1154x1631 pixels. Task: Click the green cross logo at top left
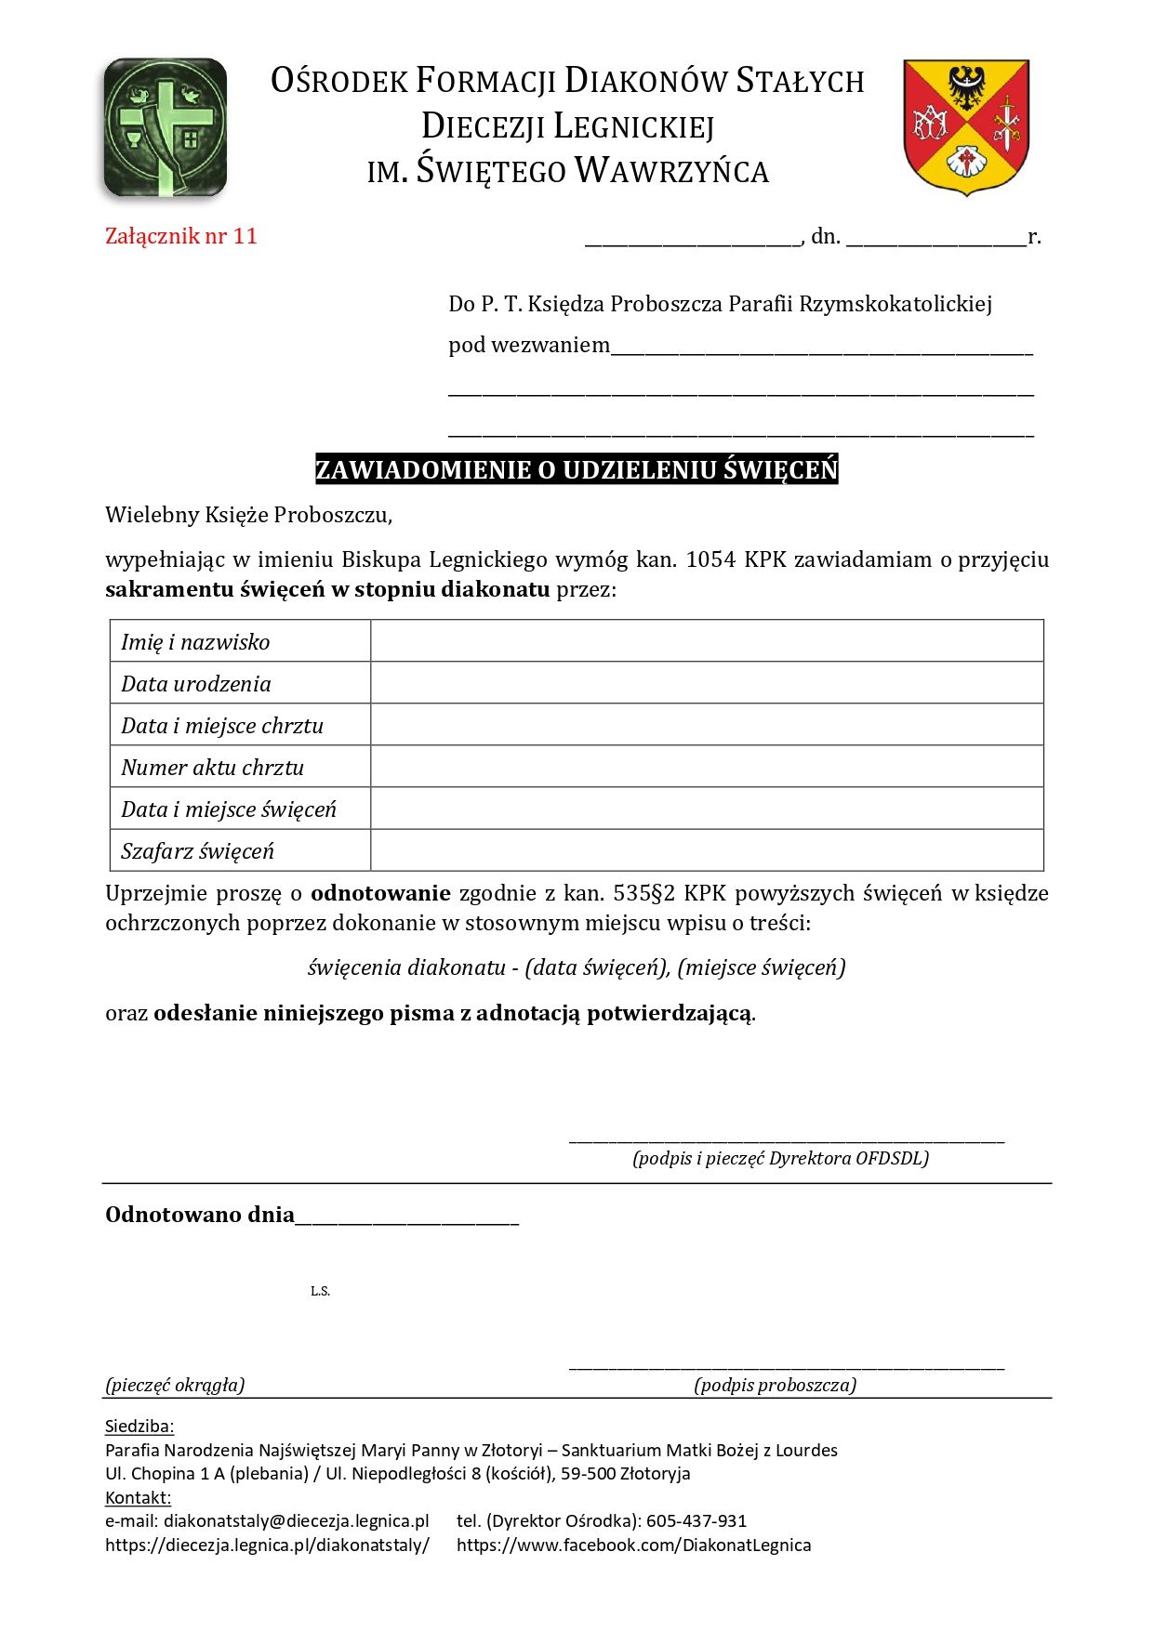(x=165, y=127)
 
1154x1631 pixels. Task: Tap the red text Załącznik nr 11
(x=180, y=236)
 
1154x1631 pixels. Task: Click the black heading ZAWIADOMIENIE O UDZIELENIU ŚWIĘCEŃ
(x=577, y=469)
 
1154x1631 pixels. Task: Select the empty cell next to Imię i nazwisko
(x=707, y=641)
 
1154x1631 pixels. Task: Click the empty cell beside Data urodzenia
(x=707, y=683)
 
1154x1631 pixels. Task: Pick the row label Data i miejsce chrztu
(x=222, y=726)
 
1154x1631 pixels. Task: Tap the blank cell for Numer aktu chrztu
(x=707, y=767)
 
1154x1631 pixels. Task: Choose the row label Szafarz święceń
(x=197, y=851)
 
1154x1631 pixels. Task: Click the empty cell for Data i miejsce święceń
(x=707, y=809)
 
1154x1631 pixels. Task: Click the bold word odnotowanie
(x=380, y=893)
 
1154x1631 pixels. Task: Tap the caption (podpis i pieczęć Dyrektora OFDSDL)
(x=780, y=1158)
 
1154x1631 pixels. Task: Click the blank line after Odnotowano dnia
(x=407, y=1218)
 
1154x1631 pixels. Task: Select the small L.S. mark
(x=320, y=1291)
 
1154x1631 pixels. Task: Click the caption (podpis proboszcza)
(x=775, y=1385)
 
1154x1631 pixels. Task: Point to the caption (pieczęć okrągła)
(x=175, y=1385)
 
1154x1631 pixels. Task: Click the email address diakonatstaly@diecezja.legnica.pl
(x=296, y=1520)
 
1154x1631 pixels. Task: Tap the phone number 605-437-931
(x=696, y=1520)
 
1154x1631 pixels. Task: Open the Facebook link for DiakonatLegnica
(x=633, y=1545)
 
